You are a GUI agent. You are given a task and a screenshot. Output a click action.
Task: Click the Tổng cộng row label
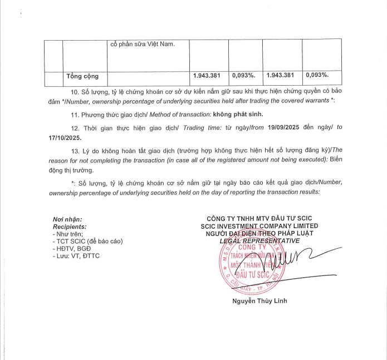(x=82, y=76)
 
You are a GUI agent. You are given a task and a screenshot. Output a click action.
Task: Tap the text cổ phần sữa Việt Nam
(x=142, y=45)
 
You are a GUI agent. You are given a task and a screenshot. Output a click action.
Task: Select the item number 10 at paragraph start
(x=75, y=91)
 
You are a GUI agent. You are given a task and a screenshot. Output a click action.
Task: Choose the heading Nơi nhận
(x=67, y=220)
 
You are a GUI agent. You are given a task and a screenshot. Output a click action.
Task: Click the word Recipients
(x=70, y=227)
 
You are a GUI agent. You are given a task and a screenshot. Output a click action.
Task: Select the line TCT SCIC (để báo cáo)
(x=87, y=241)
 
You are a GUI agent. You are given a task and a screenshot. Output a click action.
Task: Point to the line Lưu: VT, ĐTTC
(x=77, y=255)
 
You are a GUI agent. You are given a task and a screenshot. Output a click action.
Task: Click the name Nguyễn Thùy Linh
(x=260, y=302)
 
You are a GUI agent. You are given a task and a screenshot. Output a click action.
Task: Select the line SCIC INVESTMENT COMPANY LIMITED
(x=259, y=226)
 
